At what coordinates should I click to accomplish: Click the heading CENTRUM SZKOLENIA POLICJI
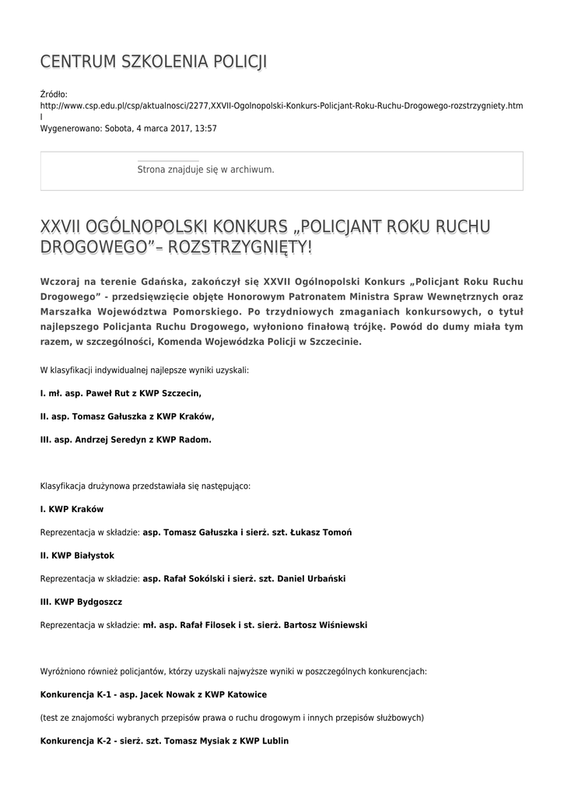(153, 62)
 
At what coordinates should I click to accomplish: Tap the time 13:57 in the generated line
(206, 128)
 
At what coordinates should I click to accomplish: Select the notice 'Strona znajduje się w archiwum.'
(205, 169)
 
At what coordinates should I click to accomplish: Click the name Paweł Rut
(103, 394)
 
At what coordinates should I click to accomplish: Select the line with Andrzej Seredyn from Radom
(125, 440)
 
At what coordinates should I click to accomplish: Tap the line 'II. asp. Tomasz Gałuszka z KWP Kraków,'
(127, 416)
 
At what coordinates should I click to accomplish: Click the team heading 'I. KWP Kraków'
(72, 509)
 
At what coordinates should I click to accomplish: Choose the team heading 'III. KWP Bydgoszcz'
(81, 602)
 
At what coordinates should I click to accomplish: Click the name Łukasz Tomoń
(321, 532)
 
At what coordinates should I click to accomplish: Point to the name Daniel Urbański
(310, 579)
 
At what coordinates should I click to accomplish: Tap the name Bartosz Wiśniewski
(325, 625)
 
